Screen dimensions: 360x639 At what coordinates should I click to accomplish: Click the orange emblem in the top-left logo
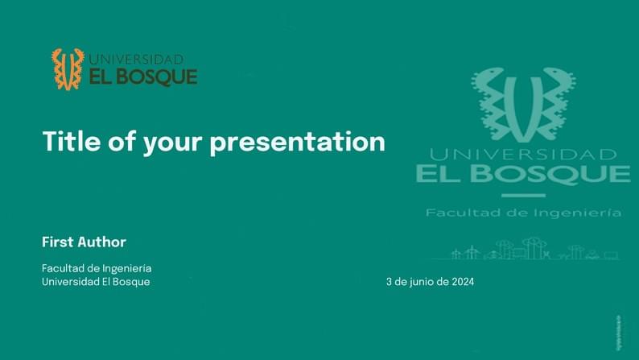click(68, 68)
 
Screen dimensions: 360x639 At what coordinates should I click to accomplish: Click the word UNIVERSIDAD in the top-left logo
click(136, 60)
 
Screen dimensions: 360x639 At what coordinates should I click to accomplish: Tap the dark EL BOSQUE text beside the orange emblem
click(143, 77)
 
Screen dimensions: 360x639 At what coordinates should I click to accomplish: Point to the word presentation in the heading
click(298, 143)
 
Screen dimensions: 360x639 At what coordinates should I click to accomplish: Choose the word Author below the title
click(102, 242)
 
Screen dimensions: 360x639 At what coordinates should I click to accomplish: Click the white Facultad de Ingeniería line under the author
click(97, 267)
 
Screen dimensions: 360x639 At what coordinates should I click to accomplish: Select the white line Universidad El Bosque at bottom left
click(96, 282)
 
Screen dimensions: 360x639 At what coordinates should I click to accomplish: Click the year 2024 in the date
click(463, 282)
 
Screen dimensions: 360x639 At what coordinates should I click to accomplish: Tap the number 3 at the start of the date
click(390, 282)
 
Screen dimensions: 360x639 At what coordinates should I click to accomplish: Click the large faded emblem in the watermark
click(523, 103)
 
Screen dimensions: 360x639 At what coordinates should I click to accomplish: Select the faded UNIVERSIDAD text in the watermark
click(523, 154)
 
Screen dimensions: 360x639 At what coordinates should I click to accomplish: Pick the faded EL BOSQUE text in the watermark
click(523, 174)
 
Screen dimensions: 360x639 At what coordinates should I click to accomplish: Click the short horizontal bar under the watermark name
click(523, 195)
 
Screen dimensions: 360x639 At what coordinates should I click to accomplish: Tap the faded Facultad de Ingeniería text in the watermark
click(523, 213)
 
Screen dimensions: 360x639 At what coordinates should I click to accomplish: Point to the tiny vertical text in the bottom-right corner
click(617, 331)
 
